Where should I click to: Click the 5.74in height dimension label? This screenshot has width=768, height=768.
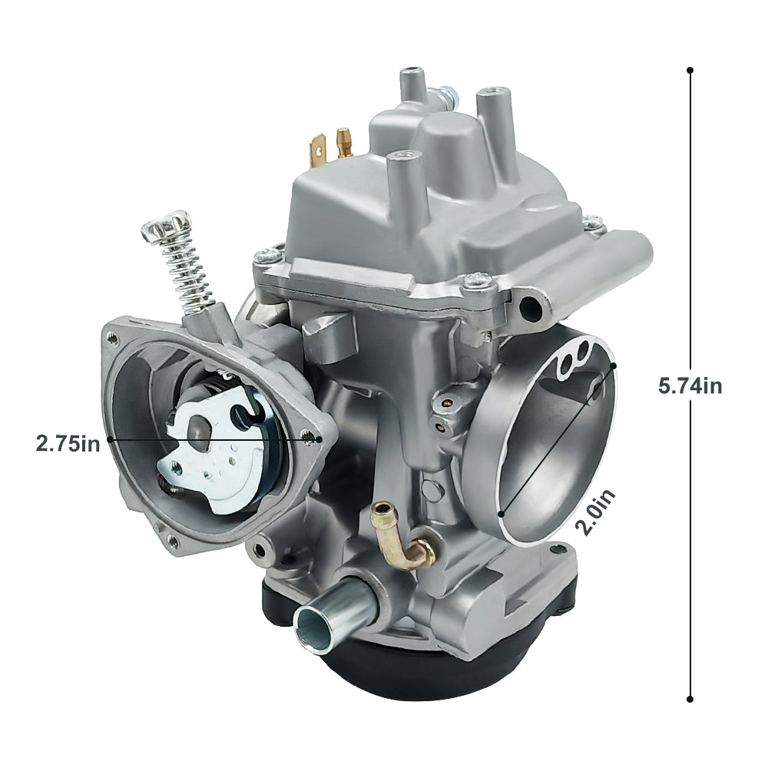(x=690, y=386)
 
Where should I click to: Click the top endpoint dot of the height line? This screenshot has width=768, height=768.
(x=690, y=70)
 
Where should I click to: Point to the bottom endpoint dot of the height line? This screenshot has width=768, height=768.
(x=690, y=699)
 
